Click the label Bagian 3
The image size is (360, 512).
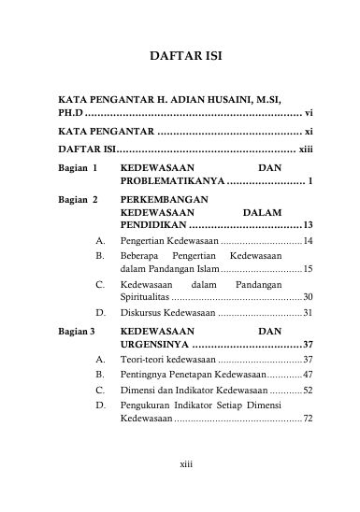(79, 331)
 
